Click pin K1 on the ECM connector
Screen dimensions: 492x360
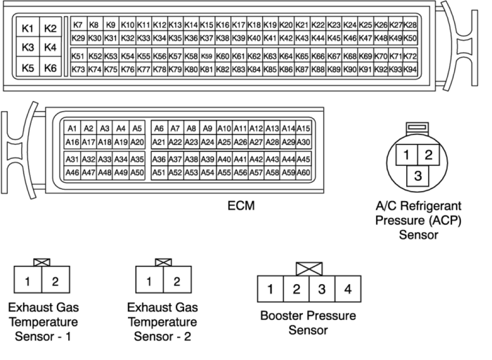(27, 27)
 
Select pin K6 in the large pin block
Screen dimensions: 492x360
(50, 67)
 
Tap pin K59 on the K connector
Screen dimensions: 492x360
(207, 56)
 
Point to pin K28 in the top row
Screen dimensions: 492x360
(410, 25)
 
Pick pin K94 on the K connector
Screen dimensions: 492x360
(410, 70)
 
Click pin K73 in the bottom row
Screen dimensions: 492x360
(79, 70)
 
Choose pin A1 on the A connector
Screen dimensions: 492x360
(72, 129)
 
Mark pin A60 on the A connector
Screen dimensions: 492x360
(304, 172)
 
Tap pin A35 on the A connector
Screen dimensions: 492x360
(137, 159)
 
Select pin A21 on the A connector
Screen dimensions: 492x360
(159, 142)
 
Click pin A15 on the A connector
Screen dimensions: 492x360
(304, 129)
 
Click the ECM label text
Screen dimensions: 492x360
(241, 206)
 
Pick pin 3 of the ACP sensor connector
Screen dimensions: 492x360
(417, 176)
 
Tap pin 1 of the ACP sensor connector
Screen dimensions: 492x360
(407, 155)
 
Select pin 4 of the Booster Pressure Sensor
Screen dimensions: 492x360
(348, 289)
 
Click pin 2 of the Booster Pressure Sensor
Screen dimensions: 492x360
(296, 289)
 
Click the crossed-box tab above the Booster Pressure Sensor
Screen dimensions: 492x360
(309, 269)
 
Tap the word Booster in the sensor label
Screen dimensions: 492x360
(283, 316)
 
